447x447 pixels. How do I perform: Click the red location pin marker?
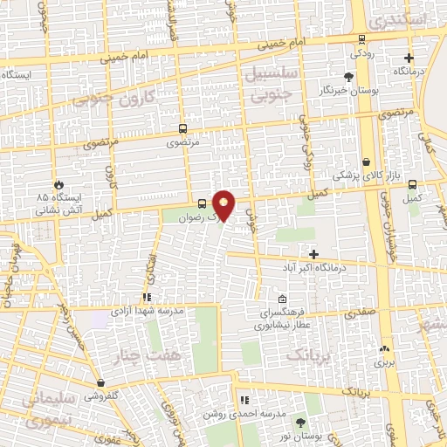click(x=224, y=204)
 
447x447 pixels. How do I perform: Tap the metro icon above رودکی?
click(x=361, y=38)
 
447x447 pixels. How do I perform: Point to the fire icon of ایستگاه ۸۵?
click(x=59, y=185)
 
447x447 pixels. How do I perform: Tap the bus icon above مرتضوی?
click(x=182, y=126)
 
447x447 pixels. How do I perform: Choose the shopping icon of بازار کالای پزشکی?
click(x=365, y=162)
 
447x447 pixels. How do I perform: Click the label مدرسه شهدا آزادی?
click(x=147, y=310)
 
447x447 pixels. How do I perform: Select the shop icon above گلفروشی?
click(x=101, y=382)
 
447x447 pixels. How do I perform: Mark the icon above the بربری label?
click(x=385, y=348)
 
